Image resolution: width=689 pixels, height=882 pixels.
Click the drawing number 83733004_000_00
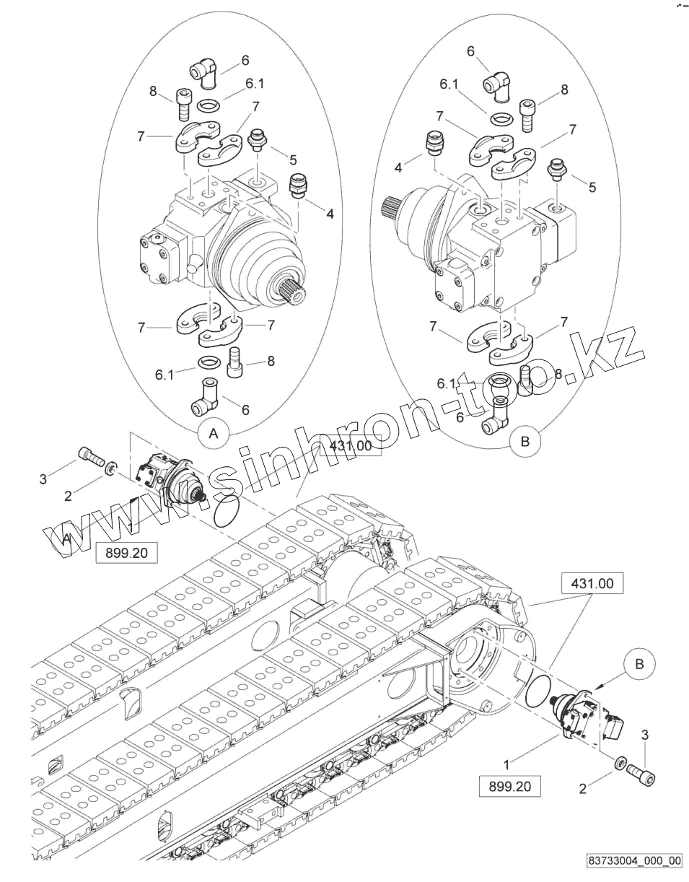point(634,860)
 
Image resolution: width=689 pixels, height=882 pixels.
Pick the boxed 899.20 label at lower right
point(509,786)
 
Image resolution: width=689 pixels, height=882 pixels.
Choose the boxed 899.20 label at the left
point(126,553)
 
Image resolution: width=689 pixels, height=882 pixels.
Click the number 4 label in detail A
point(330,214)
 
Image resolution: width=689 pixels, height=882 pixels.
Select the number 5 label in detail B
point(592,187)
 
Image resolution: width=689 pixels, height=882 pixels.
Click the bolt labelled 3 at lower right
point(643,777)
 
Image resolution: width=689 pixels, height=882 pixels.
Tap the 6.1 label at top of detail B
point(449,84)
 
